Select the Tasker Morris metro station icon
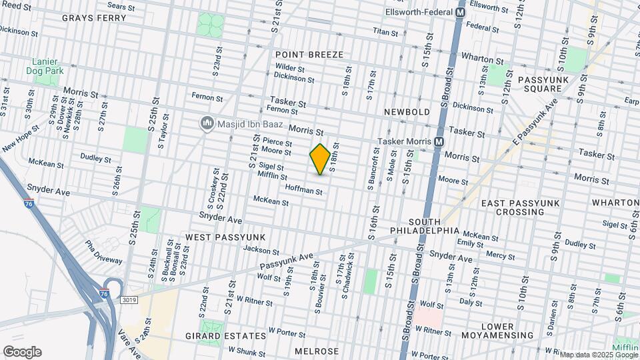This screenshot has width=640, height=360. click(439, 141)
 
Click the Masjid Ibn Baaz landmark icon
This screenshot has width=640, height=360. click(207, 124)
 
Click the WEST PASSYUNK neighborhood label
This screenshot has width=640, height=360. click(225, 237)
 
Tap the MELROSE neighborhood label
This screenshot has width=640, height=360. click(317, 351)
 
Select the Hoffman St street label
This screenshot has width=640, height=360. click(303, 191)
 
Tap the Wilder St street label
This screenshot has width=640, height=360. click(290, 68)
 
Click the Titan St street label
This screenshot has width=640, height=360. click(385, 31)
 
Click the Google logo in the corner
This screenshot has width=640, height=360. click(22, 351)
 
